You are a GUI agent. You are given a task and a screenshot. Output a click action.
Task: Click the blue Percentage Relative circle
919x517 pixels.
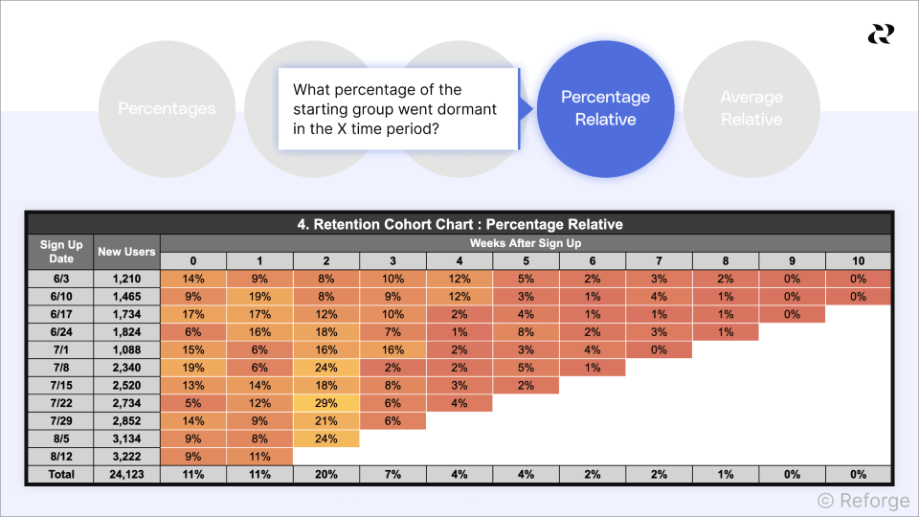coord(605,108)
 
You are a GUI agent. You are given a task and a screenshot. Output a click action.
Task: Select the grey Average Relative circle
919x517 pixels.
coord(751,108)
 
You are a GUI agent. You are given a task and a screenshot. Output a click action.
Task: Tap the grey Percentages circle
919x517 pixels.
coord(167,108)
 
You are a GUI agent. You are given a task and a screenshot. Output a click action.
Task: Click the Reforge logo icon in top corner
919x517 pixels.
coord(880,34)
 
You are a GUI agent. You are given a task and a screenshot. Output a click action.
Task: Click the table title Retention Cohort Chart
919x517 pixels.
coord(459,224)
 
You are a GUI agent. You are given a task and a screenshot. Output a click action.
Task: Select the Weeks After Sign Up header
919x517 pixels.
coord(526,243)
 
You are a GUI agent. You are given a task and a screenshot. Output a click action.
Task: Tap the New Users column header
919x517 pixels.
coord(126,252)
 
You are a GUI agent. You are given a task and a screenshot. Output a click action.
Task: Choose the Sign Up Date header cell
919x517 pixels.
coord(61,252)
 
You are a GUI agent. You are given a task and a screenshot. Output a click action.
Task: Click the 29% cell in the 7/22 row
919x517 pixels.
coord(326,403)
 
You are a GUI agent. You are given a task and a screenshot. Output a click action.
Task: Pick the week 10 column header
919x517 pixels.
coord(858,261)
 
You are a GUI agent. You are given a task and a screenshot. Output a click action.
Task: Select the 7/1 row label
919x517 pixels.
coord(61,349)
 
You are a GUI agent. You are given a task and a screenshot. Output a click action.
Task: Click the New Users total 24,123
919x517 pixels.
coord(126,474)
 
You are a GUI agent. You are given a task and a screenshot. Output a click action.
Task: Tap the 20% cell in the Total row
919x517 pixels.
coord(326,474)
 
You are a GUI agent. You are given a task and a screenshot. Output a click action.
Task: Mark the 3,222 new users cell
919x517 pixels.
coord(126,457)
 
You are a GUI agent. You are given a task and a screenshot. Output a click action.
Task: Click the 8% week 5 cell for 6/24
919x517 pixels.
coord(526,332)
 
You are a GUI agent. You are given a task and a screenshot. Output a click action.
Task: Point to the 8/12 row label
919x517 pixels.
coord(61,457)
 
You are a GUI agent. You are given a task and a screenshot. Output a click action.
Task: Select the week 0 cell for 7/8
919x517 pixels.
coord(193,368)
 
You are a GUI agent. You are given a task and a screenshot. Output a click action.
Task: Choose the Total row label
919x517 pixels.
coord(61,474)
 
